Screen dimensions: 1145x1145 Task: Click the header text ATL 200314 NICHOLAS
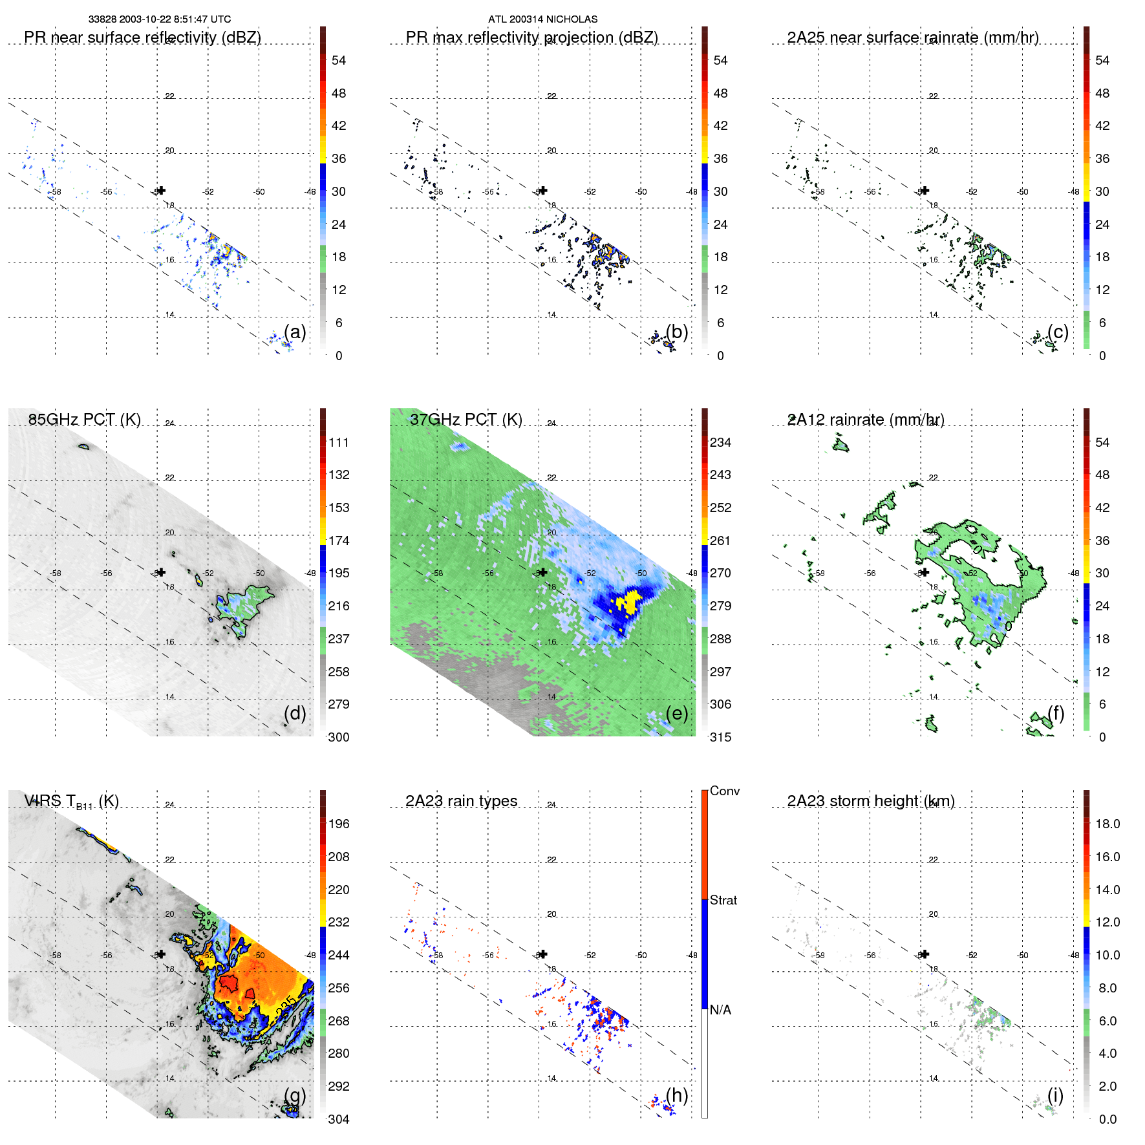point(542,19)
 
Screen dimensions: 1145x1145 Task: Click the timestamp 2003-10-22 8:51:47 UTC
point(175,19)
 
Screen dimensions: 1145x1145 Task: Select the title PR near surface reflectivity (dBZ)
point(142,37)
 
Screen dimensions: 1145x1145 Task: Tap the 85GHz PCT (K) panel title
point(84,420)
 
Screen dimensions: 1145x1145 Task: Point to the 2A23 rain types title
point(461,801)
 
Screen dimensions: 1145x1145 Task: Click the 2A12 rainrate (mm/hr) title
point(865,420)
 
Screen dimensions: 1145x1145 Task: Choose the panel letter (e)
point(676,713)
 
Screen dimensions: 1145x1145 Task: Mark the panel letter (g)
point(295,1095)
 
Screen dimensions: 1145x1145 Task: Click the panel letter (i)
point(1055,1095)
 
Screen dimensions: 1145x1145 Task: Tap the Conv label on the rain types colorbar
point(724,791)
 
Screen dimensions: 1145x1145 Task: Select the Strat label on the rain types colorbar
point(723,900)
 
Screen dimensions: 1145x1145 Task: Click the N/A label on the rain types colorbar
point(721,1010)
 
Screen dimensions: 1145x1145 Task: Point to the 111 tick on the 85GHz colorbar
point(339,442)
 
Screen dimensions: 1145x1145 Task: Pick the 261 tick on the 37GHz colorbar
point(720,540)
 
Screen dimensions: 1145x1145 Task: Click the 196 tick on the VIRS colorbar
point(339,824)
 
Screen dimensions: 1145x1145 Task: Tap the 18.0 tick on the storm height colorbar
point(1107,824)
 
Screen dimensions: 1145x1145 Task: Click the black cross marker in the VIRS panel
point(161,954)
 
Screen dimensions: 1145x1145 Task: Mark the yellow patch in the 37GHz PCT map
point(627,601)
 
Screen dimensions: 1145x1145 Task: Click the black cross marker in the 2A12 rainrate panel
point(925,572)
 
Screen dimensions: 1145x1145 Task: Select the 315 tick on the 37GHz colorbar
point(720,737)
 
